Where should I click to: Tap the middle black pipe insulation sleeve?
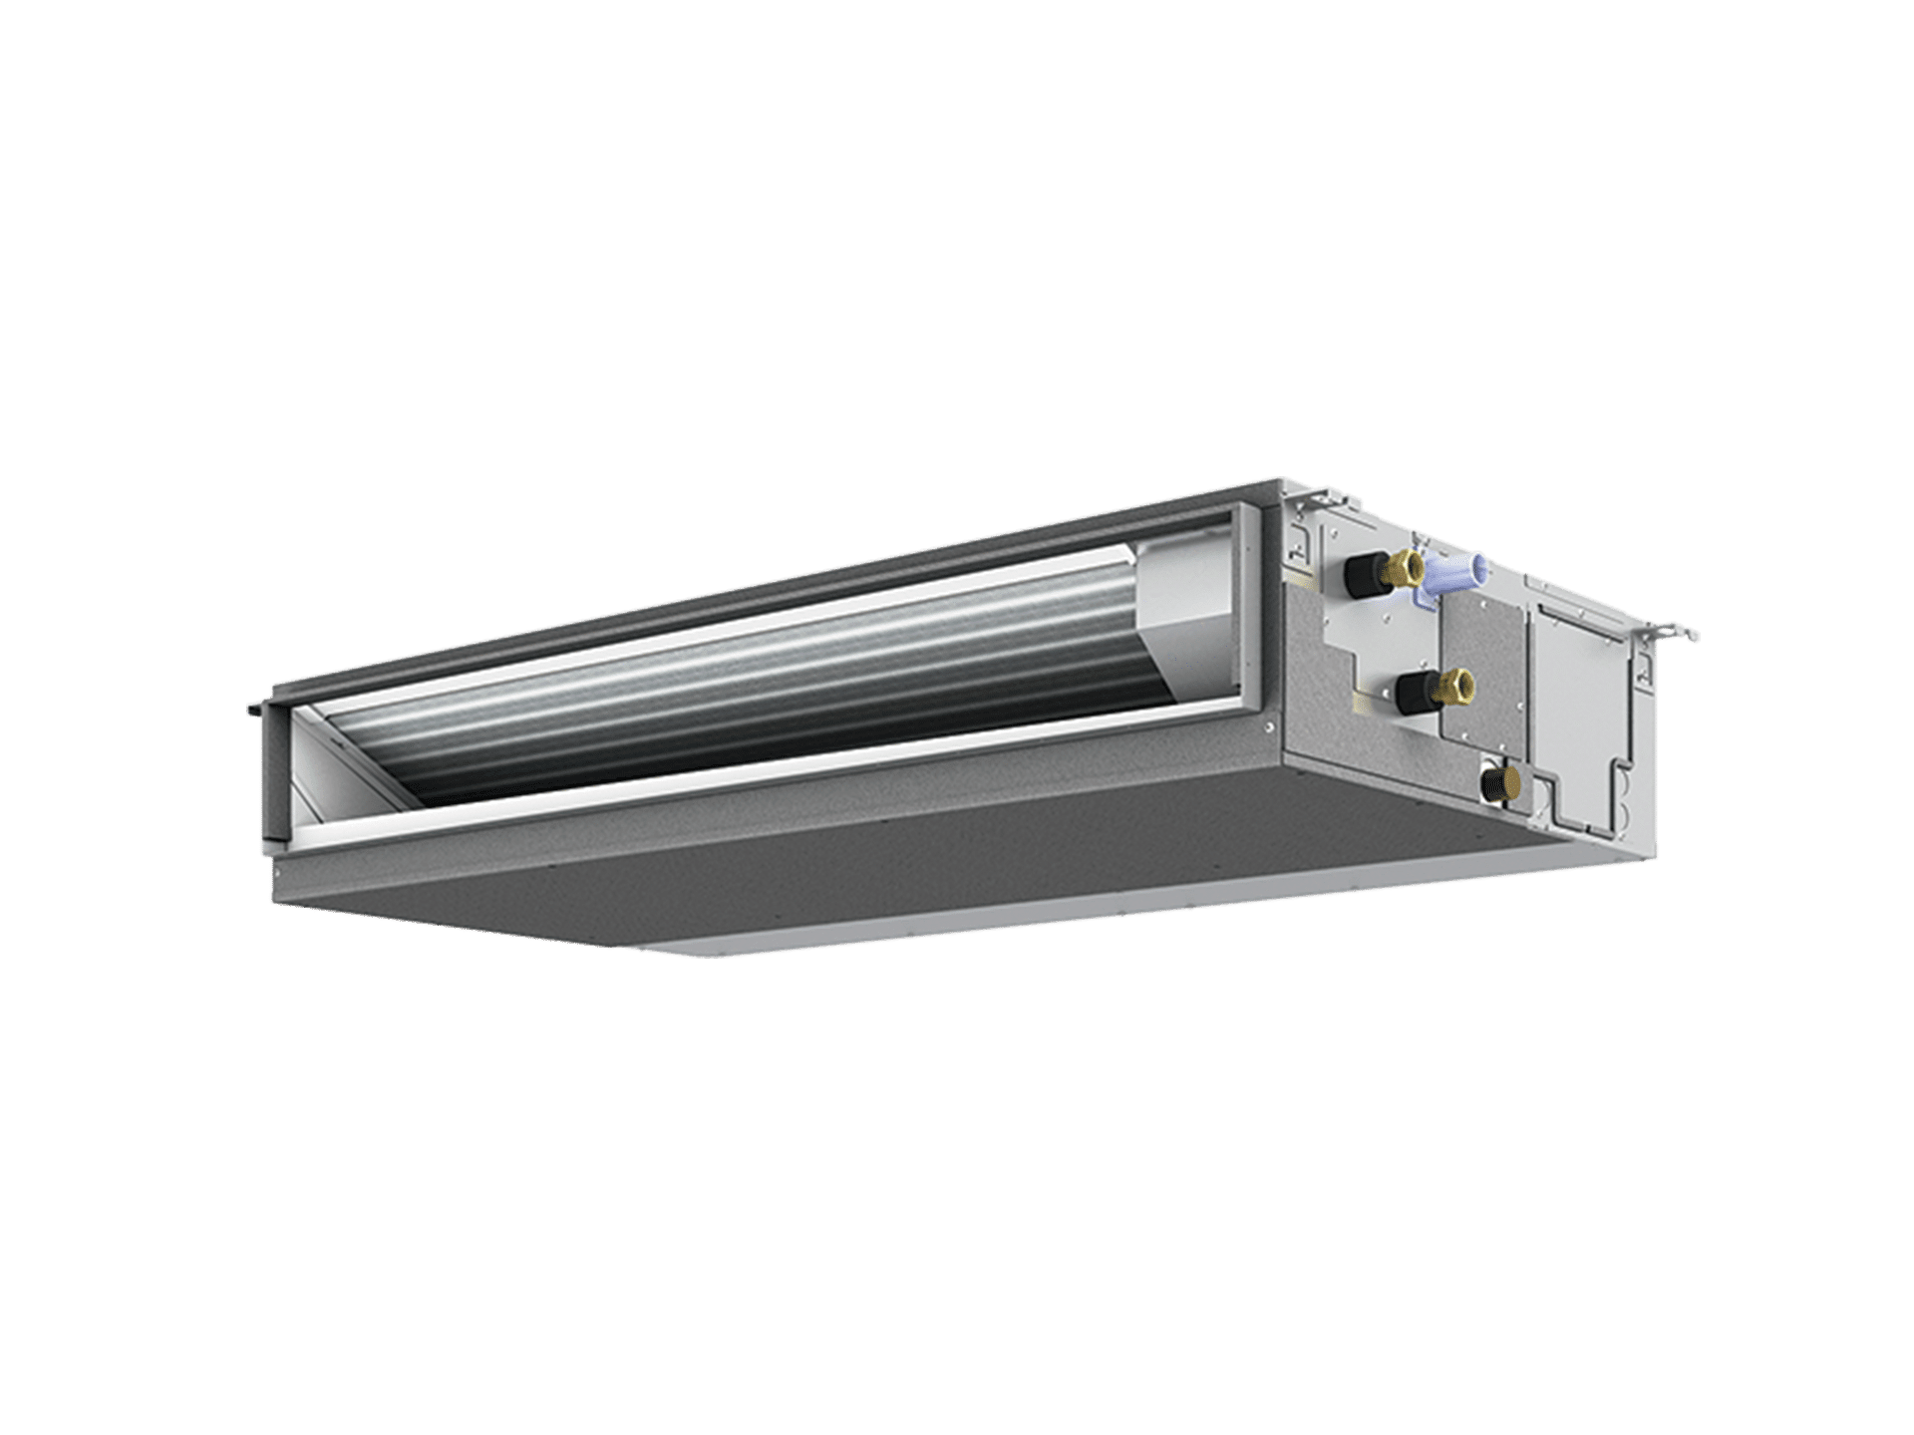1411,693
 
